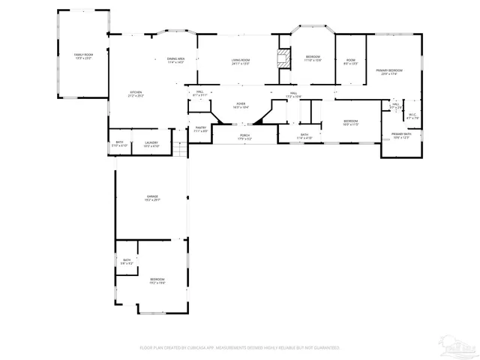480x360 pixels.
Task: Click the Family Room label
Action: [x=82, y=56]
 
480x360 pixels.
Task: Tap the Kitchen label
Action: [x=136, y=94]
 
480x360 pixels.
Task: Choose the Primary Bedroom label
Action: [x=388, y=71]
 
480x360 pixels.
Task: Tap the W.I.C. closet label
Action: [x=412, y=116]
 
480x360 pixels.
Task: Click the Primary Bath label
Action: [x=400, y=135]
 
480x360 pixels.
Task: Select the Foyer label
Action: [x=241, y=105]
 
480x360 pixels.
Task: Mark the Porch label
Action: [x=244, y=137]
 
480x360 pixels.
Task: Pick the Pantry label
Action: [x=200, y=129]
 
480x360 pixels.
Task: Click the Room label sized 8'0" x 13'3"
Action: [x=350, y=62]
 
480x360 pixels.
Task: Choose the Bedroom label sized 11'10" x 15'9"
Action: [x=313, y=58]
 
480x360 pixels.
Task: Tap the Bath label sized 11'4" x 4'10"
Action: [x=304, y=136]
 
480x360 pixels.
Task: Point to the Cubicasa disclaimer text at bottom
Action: [x=240, y=348]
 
